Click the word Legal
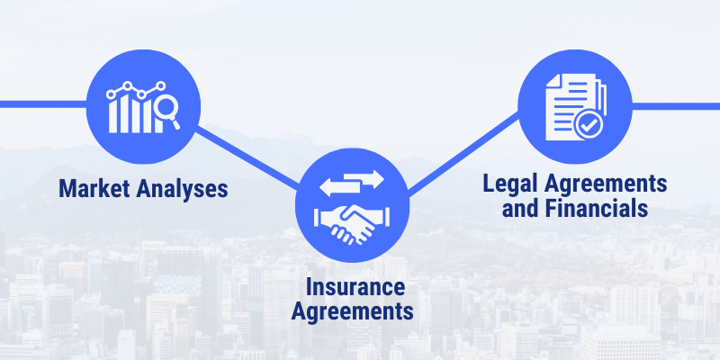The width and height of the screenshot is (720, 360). click(x=510, y=184)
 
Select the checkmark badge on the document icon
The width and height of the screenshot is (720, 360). click(x=590, y=125)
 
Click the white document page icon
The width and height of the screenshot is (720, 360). click(x=569, y=103)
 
